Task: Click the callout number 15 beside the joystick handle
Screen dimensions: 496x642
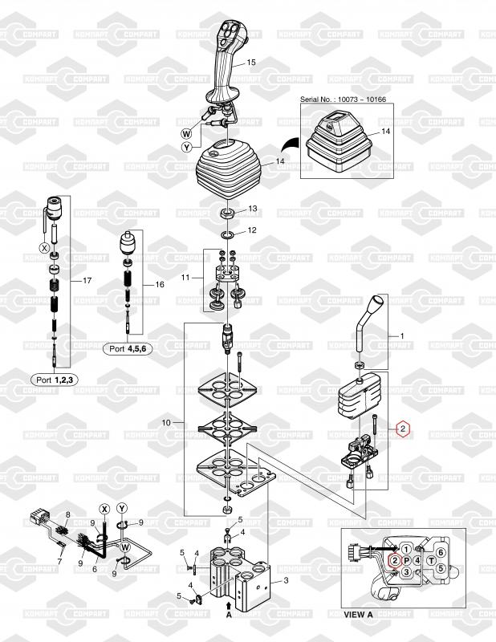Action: coord(251,63)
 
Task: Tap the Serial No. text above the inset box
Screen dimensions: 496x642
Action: coord(343,99)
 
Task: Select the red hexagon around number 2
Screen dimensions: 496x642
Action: coord(403,429)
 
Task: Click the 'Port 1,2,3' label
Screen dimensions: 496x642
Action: coord(55,380)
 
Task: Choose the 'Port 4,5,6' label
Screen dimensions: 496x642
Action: coord(128,349)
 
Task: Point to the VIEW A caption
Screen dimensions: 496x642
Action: coord(359,614)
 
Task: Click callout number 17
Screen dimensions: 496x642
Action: coord(87,280)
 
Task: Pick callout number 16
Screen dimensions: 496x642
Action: coord(160,284)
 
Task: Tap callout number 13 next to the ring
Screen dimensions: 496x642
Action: coord(253,209)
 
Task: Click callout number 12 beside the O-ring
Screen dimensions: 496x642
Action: coord(252,230)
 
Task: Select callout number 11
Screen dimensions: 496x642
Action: coord(185,278)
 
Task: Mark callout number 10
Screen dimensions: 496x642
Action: coord(166,422)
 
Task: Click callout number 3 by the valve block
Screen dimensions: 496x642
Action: coord(286,580)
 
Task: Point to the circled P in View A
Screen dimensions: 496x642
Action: coord(406,560)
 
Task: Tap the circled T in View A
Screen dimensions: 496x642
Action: coord(431,560)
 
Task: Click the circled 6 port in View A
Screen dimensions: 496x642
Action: coord(441,552)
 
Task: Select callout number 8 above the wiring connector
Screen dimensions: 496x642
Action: coord(68,514)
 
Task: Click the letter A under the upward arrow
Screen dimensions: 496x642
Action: coord(229,614)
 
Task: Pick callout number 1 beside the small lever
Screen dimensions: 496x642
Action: coord(402,335)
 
